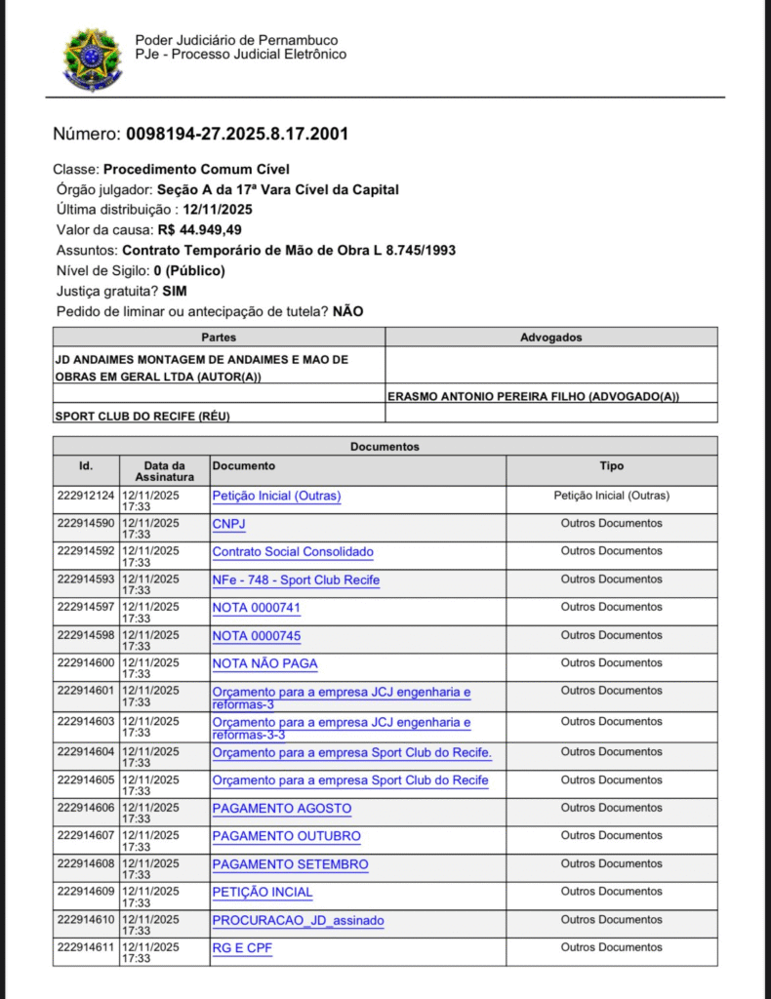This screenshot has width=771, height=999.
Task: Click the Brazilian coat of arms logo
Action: point(93,60)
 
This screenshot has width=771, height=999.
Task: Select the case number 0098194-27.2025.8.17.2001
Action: point(237,134)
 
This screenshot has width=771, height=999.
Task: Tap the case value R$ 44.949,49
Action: point(199,230)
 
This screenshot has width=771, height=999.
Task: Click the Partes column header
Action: point(219,337)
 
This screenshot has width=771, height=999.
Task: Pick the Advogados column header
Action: point(551,337)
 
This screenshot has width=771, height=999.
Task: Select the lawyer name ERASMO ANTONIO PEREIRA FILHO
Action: point(533,396)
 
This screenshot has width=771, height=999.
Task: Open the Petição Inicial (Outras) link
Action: point(276,496)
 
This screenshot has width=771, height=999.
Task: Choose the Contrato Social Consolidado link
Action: point(293,552)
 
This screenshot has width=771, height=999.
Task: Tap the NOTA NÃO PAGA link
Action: point(264,663)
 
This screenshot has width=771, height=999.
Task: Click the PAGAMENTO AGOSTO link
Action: point(281,809)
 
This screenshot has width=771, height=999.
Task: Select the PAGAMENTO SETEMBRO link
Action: point(290,864)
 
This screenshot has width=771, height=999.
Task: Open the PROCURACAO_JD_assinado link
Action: point(298,920)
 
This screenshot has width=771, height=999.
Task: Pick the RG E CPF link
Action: point(241,947)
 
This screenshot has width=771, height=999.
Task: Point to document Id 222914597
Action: point(86,607)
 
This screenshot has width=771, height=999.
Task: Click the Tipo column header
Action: point(612,466)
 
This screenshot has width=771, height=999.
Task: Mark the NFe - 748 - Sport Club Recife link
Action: point(296,580)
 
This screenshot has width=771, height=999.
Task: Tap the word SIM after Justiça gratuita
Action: point(175,291)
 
